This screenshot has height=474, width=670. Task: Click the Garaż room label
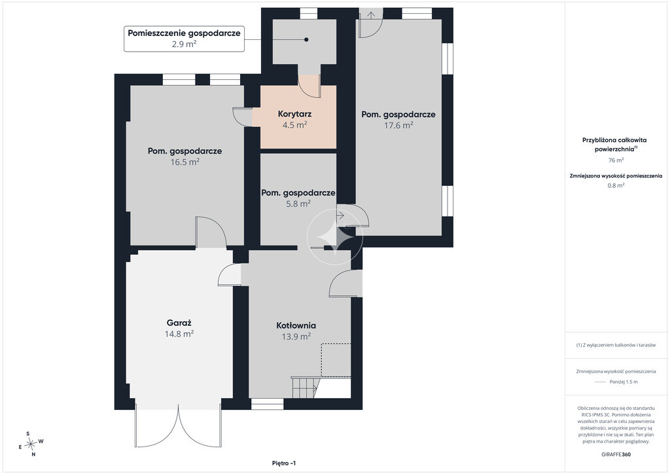click(x=179, y=323)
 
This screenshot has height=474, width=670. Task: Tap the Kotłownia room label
click(x=296, y=325)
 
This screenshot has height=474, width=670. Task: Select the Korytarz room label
click(x=294, y=114)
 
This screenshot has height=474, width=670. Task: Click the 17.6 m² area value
click(x=398, y=125)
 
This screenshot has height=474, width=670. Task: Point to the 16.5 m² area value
click(x=185, y=162)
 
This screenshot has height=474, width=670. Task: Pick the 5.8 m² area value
click(x=298, y=204)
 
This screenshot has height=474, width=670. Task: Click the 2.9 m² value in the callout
click(x=184, y=44)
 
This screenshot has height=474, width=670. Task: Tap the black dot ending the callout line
click(x=306, y=40)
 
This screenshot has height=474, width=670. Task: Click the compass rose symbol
click(x=31, y=445)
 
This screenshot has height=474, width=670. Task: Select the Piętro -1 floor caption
click(x=284, y=464)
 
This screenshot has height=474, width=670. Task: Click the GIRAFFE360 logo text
click(x=616, y=454)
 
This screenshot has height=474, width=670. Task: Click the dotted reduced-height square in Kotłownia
click(x=336, y=360)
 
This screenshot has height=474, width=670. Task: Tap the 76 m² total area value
click(x=616, y=160)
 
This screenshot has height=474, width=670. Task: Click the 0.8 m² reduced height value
click(x=616, y=185)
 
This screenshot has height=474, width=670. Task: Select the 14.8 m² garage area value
click(x=179, y=335)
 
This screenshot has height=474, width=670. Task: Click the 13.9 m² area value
click(x=296, y=337)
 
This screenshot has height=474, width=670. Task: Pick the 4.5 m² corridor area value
click(x=295, y=125)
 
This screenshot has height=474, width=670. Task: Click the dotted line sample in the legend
click(x=601, y=382)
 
